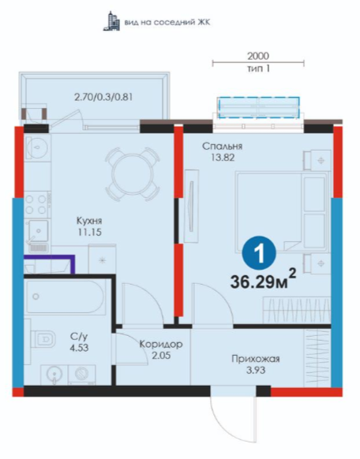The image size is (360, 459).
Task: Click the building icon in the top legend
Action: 111,21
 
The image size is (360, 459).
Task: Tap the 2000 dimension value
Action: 258,56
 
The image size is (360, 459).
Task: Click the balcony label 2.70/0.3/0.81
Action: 103,96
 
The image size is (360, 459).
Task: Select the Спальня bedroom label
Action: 223,146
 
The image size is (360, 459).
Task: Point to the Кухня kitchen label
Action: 89,220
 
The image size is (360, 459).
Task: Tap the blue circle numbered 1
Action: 259,253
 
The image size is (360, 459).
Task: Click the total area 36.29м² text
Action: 264,281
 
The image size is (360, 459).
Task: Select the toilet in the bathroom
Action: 43,340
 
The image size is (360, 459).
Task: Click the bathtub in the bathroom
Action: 65,297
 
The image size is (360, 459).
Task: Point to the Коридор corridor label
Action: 161,344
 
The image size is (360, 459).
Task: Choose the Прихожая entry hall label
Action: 256,359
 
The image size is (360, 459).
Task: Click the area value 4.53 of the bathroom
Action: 79,348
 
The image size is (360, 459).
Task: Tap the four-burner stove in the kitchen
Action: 36,204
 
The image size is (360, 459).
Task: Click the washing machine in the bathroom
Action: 82,375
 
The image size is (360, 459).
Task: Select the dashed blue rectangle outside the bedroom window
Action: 259,107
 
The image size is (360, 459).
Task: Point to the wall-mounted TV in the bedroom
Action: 191,206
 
